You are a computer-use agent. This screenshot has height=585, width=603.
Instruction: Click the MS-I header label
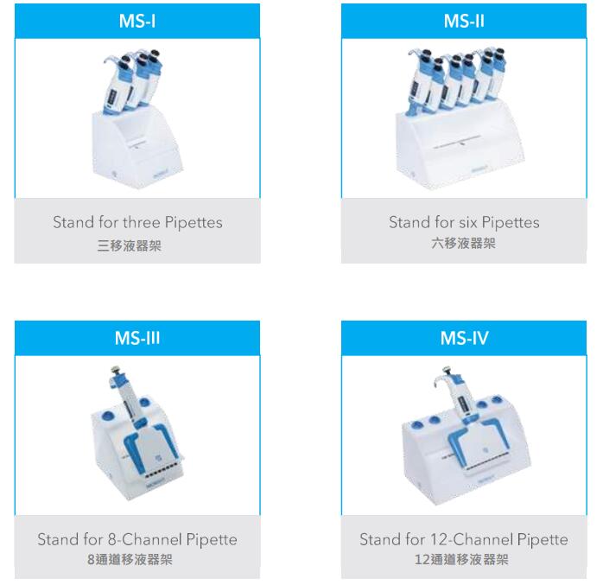pyautogui.click(x=137, y=21)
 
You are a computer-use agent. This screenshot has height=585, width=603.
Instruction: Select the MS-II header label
pyautogui.click(x=464, y=21)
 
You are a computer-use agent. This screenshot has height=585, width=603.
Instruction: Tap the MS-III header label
pyautogui.click(x=137, y=338)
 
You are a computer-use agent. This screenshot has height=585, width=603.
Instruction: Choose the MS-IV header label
pyautogui.click(x=464, y=338)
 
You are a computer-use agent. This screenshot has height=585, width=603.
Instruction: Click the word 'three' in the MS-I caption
pyautogui.click(x=142, y=222)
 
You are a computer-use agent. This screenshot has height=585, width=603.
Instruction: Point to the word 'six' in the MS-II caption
pyautogui.click(x=468, y=222)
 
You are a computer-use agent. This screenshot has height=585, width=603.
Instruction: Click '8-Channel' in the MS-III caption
pyautogui.click(x=144, y=539)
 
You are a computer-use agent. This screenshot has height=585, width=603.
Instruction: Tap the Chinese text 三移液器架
pyautogui.click(x=130, y=245)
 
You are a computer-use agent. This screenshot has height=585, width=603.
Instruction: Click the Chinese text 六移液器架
pyautogui.click(x=463, y=243)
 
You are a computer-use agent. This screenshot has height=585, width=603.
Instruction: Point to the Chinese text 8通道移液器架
pyautogui.click(x=130, y=560)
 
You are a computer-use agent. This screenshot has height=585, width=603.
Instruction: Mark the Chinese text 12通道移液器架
pyautogui.click(x=461, y=560)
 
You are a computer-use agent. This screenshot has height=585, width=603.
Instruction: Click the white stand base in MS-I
pyautogui.click(x=136, y=148)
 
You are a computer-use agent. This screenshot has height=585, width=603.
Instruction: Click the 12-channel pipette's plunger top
pyautogui.click(x=447, y=371)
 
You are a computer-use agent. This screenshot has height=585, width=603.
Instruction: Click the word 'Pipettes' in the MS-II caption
pyautogui.click(x=511, y=223)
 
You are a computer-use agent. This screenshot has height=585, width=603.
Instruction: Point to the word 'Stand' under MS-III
pyautogui.click(x=53, y=539)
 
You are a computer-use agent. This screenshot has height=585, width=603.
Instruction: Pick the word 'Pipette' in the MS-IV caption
pyautogui.click(x=543, y=539)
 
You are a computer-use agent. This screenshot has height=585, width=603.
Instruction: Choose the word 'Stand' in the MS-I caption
pyautogui.click(x=68, y=222)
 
